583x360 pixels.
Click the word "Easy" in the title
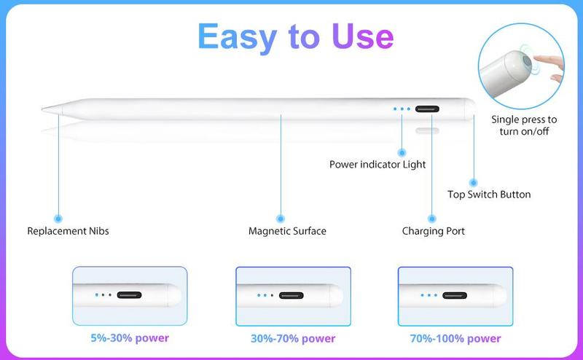238,37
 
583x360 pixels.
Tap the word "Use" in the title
362,36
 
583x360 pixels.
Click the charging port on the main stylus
427,109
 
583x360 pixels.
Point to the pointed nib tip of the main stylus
42,109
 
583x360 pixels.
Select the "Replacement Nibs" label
68,231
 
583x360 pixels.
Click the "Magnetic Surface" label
287,231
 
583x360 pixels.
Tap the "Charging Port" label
433,231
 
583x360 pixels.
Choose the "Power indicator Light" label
377,165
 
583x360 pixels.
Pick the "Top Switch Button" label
489,195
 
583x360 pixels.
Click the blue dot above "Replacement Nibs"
58,219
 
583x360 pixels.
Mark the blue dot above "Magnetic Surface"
281,219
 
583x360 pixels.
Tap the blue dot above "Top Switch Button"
473,183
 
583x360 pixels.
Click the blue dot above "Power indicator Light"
402,152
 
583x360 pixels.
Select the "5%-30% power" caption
130,338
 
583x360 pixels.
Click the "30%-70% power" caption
293,338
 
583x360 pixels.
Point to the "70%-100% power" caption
455,338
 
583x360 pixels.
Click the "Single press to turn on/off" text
524,125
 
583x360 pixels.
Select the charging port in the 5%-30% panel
130,295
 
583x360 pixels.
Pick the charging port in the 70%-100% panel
455,295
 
